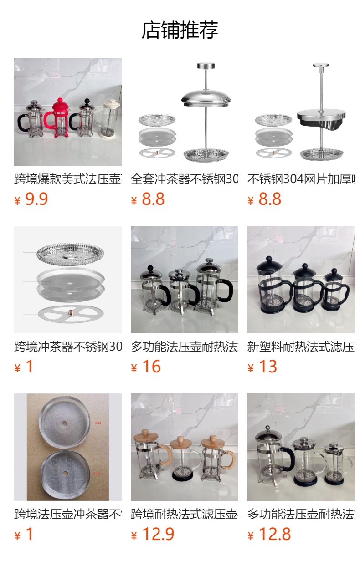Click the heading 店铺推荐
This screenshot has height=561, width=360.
(x=180, y=31)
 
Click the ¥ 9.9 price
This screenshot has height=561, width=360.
(x=31, y=199)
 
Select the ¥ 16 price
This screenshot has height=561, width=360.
(x=146, y=367)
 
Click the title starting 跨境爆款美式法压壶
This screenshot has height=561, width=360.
(x=68, y=179)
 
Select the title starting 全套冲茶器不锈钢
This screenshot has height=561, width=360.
(x=185, y=179)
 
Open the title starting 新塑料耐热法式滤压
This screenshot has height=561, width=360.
(x=301, y=347)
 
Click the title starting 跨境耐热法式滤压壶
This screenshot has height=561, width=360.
(x=185, y=514)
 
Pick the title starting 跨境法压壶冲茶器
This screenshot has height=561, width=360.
(x=68, y=514)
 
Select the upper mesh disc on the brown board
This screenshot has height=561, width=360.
(x=64, y=423)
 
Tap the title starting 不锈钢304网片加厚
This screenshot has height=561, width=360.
(x=301, y=179)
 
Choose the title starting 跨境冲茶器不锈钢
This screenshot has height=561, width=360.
(x=68, y=347)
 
